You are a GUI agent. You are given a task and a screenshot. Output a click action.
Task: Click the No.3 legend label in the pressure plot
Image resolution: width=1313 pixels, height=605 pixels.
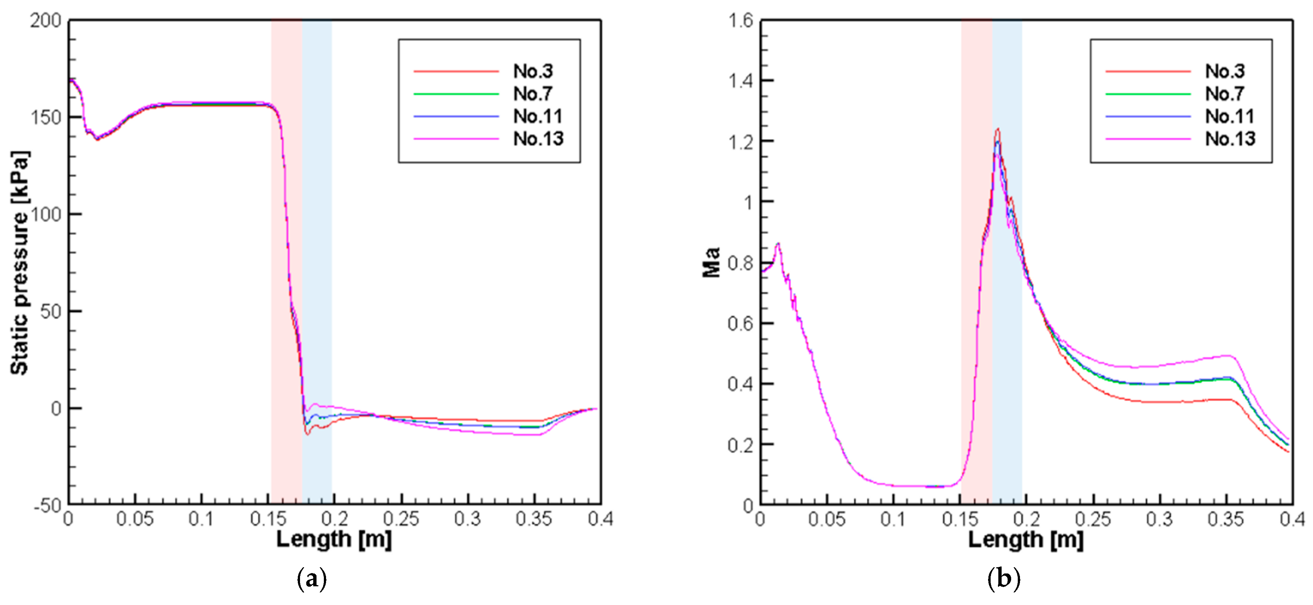(533, 71)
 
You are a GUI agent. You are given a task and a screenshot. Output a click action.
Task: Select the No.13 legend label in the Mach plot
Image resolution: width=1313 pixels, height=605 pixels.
(1230, 139)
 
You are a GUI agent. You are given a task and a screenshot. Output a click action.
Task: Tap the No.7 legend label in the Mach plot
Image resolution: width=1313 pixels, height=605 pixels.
(1224, 94)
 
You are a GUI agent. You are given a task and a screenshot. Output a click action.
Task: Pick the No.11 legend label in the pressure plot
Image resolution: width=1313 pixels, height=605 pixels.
(538, 116)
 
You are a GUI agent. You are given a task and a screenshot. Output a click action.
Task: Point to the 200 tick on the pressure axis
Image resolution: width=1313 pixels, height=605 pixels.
(45, 21)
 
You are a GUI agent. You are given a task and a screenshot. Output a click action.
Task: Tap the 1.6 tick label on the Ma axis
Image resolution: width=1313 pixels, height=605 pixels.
(740, 21)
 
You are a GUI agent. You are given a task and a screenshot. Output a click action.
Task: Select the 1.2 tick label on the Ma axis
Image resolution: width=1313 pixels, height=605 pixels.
(740, 142)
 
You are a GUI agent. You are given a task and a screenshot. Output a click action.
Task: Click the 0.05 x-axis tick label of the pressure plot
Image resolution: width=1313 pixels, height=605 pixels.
(135, 519)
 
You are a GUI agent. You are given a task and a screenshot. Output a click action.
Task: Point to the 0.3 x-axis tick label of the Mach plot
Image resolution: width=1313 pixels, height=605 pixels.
(1160, 519)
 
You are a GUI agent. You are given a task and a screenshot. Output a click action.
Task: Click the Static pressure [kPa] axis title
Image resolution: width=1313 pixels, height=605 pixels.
(19, 263)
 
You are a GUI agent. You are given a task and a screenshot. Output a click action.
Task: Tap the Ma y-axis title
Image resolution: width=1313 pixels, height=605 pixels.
(712, 262)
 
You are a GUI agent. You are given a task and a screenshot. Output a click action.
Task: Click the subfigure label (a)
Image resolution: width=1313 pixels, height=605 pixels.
(311, 579)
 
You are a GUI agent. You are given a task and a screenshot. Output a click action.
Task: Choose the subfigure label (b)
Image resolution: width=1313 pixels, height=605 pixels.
(1003, 579)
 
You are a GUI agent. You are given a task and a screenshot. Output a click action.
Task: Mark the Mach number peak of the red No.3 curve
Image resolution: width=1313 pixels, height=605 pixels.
(998, 129)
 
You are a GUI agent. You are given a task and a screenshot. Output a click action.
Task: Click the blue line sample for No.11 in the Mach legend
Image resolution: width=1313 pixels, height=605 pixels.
(1148, 117)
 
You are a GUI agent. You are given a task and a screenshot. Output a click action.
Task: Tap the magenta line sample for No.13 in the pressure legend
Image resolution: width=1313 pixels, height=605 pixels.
(456, 139)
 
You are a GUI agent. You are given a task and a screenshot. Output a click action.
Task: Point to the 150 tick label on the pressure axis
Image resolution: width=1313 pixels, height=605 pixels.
(45, 118)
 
